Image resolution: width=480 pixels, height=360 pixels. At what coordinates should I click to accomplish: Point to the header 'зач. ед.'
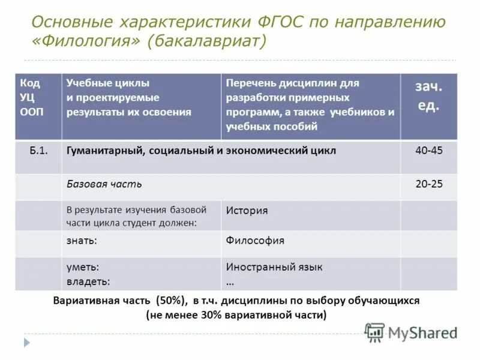pos(428,97)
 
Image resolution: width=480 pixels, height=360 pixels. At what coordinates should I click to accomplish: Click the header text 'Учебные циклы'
pos(108,83)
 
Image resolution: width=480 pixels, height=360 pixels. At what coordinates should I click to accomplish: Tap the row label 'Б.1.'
pos(38,151)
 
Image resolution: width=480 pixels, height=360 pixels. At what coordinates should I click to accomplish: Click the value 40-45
pos(428,151)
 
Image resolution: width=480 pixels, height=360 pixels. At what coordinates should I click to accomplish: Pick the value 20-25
pos(428,184)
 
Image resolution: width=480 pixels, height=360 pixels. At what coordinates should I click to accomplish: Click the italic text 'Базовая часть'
pos(104,184)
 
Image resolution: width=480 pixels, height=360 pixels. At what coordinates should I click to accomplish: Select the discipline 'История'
pos(247,211)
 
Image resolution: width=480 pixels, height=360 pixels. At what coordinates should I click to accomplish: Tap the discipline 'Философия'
pos(255,241)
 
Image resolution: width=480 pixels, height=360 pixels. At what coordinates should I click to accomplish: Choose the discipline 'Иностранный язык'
pos(274,267)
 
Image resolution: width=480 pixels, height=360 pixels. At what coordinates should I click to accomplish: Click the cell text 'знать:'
pos(82,241)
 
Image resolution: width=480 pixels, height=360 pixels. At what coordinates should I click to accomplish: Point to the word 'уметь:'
pos(83,267)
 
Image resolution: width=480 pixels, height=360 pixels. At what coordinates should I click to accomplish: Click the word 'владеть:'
pos(88,280)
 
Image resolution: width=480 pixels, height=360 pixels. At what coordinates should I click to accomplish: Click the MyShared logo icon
pos(375,332)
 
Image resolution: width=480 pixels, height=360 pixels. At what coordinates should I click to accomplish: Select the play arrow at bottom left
pos(26,343)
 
